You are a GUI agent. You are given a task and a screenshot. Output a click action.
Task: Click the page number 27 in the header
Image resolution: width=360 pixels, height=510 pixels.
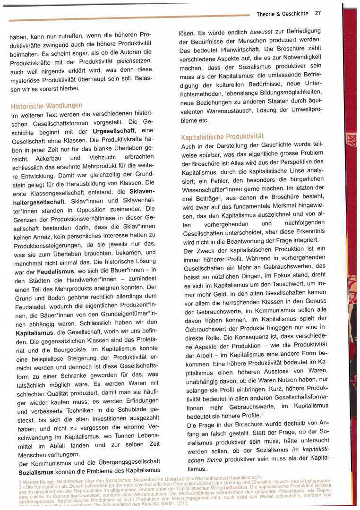(x=318, y=13)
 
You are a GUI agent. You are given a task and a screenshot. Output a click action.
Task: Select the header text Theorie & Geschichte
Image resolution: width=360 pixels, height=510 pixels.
(x=283, y=14)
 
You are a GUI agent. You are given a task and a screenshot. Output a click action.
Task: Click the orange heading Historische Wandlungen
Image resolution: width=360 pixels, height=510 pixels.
(x=46, y=105)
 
